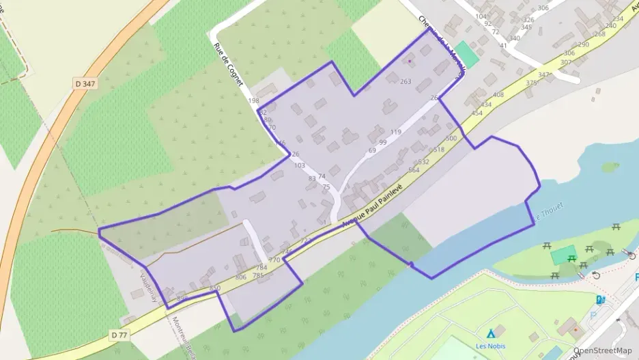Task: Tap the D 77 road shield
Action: (x=119, y=335)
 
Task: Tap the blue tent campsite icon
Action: (x=490, y=334)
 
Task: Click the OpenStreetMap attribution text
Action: (x=605, y=350)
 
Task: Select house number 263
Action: (x=406, y=82)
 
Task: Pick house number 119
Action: (x=395, y=132)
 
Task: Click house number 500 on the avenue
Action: (x=451, y=139)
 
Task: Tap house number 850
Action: (x=215, y=288)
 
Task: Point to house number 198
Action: (x=253, y=100)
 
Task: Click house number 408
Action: (x=498, y=95)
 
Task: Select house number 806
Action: (x=240, y=277)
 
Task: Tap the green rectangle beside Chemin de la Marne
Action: (x=467, y=54)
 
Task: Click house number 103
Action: (x=299, y=165)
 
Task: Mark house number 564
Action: (x=414, y=170)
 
